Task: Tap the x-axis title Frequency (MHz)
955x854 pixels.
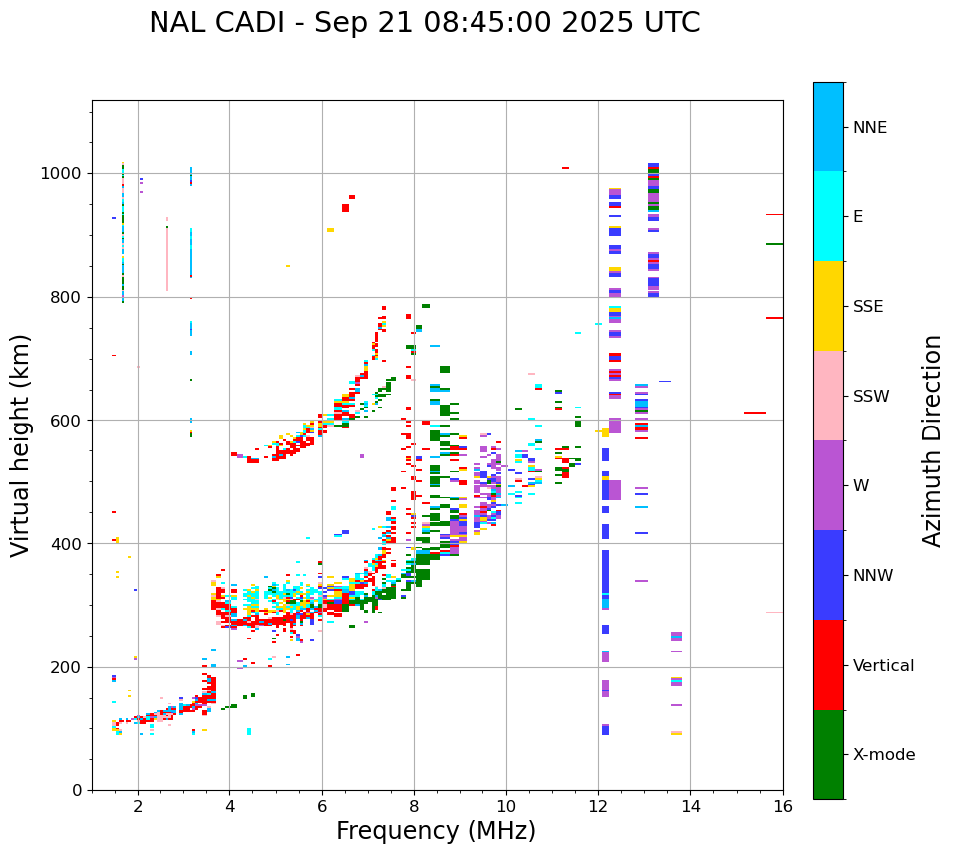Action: [436, 831]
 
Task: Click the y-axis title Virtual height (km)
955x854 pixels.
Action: [21, 445]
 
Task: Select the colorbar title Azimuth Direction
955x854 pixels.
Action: [932, 440]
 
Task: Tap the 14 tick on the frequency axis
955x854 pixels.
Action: [690, 806]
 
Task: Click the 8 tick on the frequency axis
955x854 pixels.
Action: [414, 806]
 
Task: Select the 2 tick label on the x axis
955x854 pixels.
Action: [138, 806]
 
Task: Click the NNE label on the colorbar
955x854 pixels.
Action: [869, 128]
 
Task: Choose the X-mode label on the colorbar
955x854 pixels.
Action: [883, 755]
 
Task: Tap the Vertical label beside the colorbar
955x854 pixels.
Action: [883, 666]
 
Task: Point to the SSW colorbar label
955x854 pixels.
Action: [871, 397]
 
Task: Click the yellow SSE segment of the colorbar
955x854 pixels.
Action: [828, 306]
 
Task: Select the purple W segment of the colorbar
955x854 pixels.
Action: [828, 485]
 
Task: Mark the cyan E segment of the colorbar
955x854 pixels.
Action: [828, 216]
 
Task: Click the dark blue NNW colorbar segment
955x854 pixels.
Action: [828, 575]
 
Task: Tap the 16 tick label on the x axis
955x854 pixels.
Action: [783, 806]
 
